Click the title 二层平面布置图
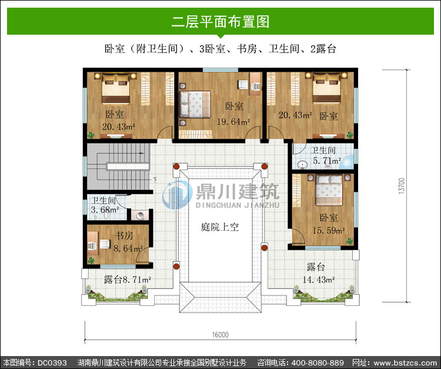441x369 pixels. click(220, 22)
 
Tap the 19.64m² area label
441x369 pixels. click(233, 122)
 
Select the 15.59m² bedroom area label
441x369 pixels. click(329, 231)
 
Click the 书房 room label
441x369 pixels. click(124, 235)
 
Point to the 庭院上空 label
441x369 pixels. click(220, 227)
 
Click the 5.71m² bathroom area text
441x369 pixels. click(327, 161)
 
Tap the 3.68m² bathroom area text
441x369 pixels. click(105, 210)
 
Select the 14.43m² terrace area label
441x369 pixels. click(318, 280)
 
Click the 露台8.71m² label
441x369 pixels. click(128, 280)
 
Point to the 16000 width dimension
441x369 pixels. click(220, 335)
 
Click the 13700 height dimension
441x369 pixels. click(402, 185)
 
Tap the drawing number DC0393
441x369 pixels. click(52, 363)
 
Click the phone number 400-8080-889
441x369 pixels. click(318, 363)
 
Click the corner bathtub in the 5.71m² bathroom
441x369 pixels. click(347, 162)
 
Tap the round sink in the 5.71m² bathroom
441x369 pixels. click(302, 165)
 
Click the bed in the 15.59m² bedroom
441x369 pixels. click(329, 190)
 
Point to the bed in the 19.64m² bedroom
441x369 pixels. click(195, 104)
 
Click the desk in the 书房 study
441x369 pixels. click(93, 244)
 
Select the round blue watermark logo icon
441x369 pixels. click(177, 195)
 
